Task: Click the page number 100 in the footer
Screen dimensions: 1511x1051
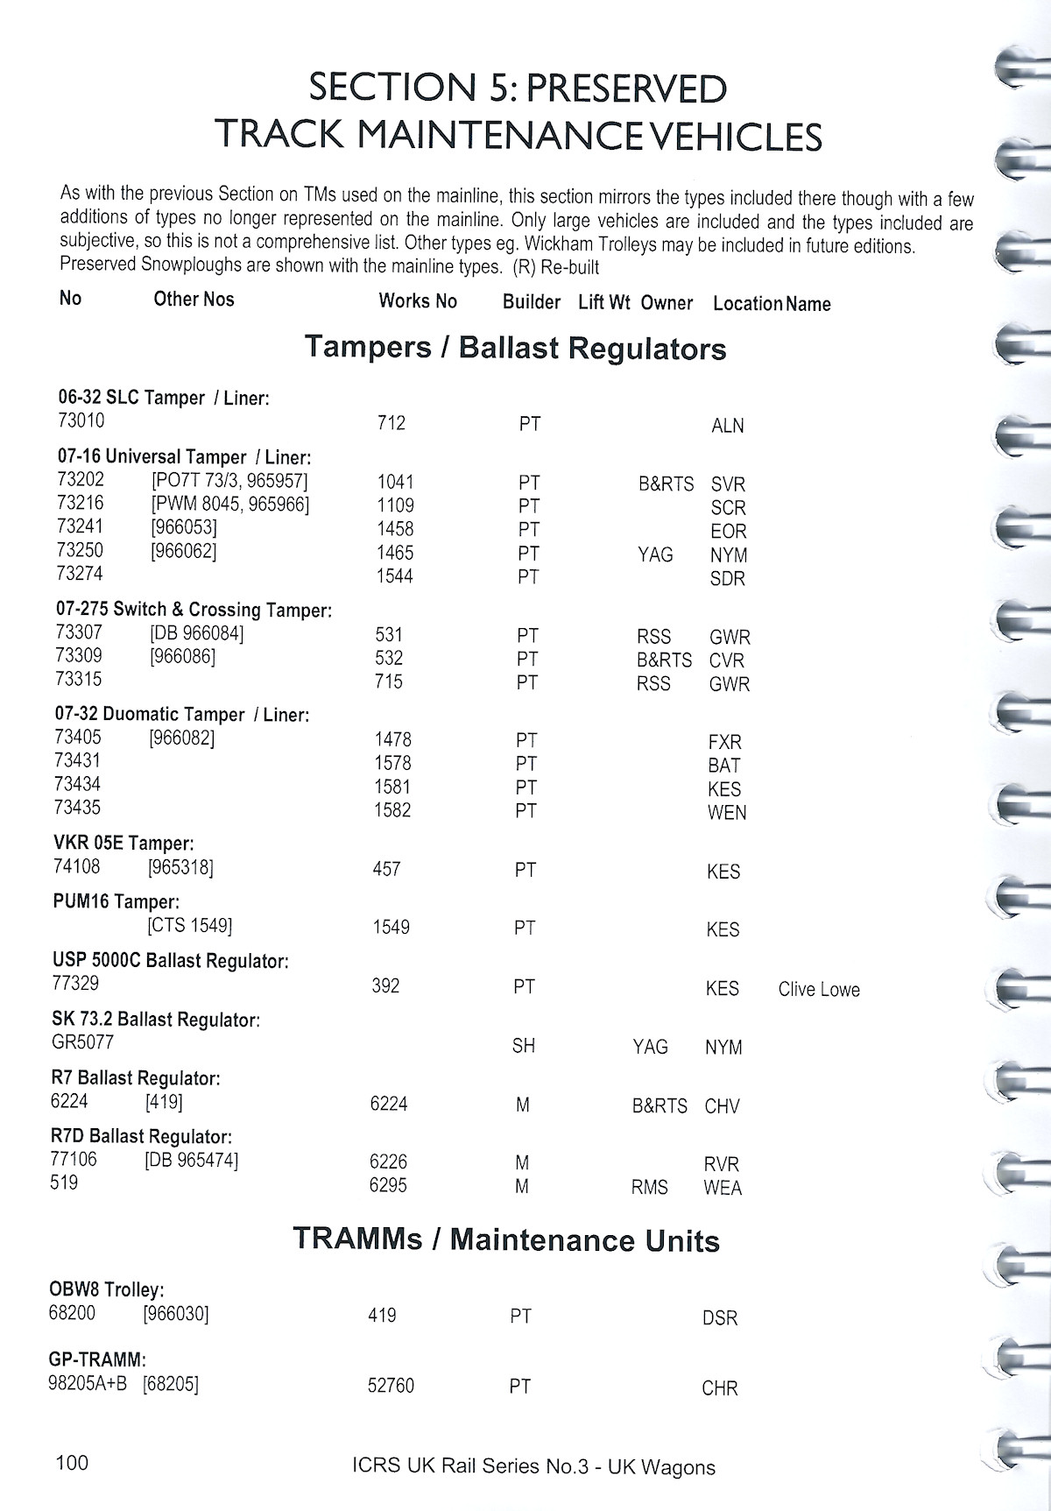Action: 71,1462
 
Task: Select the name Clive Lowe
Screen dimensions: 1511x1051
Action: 819,990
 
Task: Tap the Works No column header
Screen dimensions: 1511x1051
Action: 418,301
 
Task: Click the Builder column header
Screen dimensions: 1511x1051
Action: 531,302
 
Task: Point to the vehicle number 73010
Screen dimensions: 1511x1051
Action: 81,420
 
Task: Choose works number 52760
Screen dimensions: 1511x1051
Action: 391,1386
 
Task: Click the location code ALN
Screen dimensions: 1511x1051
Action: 727,426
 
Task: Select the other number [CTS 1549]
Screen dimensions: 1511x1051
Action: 190,925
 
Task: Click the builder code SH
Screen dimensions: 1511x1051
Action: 524,1045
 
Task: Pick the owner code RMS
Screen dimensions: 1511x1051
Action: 649,1187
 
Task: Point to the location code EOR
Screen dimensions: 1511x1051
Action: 728,531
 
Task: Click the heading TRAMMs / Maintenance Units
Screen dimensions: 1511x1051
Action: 506,1240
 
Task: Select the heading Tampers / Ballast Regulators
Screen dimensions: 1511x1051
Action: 516,348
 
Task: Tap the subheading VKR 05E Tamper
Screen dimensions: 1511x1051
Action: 123,844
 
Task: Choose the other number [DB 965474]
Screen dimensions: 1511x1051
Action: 191,1160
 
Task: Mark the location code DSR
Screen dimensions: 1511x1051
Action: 720,1317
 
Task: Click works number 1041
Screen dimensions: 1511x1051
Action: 395,482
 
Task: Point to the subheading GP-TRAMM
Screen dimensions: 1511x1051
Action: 96,1360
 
